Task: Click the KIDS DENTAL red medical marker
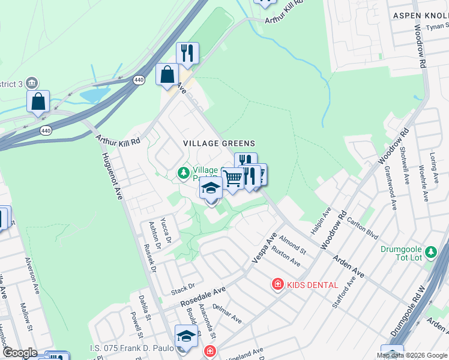tap(277, 284)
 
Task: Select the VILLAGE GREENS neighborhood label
tap(219, 143)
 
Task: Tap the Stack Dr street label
tap(183, 289)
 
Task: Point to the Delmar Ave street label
tap(228, 316)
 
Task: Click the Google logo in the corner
tap(19, 353)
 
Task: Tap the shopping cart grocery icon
tap(232, 178)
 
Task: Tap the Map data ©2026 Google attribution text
tap(411, 355)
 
